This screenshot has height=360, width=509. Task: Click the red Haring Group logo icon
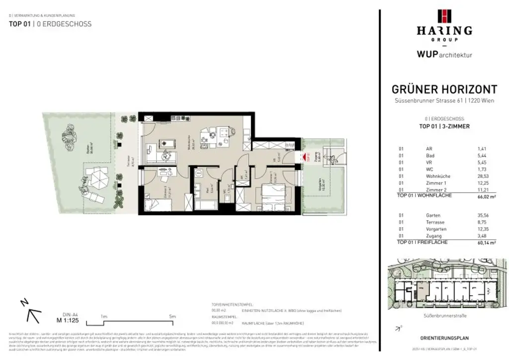(444, 16)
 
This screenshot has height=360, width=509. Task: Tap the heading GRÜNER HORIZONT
(444, 90)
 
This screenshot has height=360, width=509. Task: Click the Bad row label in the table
(429, 155)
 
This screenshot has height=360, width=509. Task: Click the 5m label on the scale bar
(172, 316)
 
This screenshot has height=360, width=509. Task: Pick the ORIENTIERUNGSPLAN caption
(444, 338)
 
